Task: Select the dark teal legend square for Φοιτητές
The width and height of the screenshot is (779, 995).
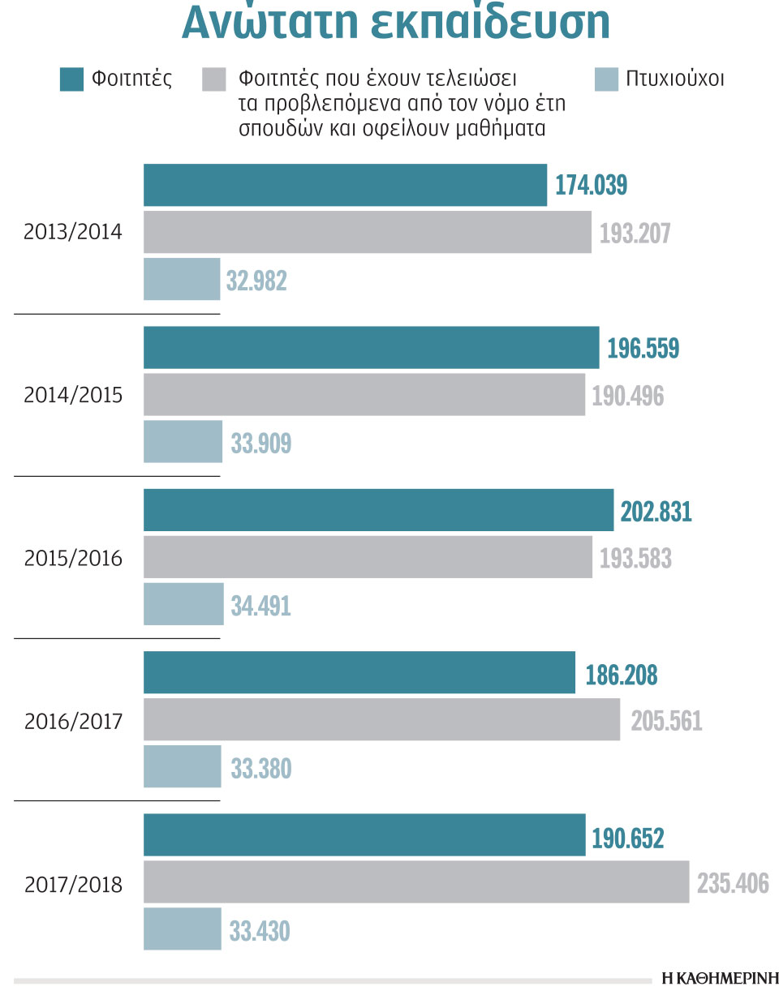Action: click(x=71, y=80)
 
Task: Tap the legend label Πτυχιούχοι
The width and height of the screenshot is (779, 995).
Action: click(x=674, y=79)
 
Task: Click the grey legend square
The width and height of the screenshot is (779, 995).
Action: click(x=213, y=80)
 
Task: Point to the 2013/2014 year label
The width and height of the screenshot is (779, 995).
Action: click(x=73, y=233)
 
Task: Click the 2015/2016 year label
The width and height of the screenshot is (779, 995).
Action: click(x=73, y=559)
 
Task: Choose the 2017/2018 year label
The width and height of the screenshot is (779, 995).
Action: click(x=73, y=884)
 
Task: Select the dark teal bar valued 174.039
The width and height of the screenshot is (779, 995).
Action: click(x=345, y=185)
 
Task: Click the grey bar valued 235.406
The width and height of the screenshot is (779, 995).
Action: click(x=416, y=881)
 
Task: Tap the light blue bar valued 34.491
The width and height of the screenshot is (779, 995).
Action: click(x=183, y=604)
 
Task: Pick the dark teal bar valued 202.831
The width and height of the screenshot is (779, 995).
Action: click(x=378, y=510)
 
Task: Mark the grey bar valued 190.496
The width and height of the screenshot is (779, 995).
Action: click(x=364, y=395)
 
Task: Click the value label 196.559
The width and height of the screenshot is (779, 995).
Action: click(x=643, y=349)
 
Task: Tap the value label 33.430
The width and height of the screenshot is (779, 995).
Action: click(x=260, y=930)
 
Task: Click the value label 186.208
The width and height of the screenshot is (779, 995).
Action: click(x=621, y=674)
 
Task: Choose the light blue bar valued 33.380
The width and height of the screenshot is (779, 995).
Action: click(x=183, y=766)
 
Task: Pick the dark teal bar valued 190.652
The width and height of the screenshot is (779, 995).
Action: click(x=364, y=834)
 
